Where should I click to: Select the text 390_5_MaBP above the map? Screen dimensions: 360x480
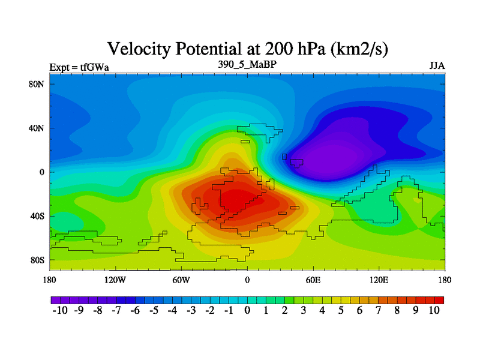tap(247, 64)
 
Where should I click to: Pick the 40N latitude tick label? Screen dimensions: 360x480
tap(37, 128)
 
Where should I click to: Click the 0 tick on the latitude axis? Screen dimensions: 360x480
tap(42, 172)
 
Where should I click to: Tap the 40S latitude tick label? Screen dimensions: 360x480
tap(37, 216)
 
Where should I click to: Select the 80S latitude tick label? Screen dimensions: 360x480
tap(37, 260)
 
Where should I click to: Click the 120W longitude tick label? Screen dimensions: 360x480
tap(115, 280)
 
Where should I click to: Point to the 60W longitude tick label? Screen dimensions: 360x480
tap(181, 280)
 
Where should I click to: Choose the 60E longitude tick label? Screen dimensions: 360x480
tap(313, 280)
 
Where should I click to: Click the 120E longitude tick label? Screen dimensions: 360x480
tap(379, 280)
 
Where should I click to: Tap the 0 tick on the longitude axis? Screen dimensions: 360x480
tap(247, 280)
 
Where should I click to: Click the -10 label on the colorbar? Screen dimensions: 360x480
tap(61, 310)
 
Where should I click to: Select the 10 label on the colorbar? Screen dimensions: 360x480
tap(434, 310)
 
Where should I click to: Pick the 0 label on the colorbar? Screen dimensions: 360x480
tap(247, 310)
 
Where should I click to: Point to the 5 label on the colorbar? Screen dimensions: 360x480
tap(341, 310)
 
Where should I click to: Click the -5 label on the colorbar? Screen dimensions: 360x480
tap(154, 310)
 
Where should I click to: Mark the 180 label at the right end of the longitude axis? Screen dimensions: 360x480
tap(445, 280)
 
